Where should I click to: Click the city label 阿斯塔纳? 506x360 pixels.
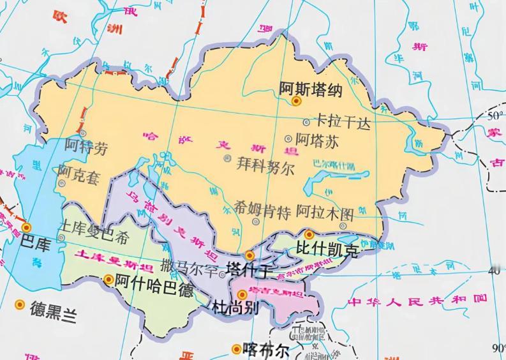point(311,89)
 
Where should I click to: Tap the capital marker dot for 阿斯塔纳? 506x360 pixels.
point(296,101)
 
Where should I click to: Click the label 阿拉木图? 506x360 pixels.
point(325,212)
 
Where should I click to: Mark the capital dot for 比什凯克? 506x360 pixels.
point(309,234)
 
